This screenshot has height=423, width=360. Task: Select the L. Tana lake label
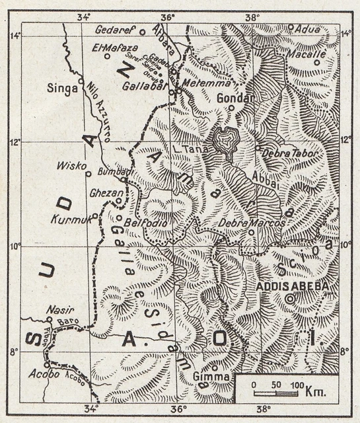(191, 150)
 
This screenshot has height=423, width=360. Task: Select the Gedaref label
(115, 30)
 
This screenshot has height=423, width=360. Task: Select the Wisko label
(71, 165)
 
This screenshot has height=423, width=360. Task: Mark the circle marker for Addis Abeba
(289, 299)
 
